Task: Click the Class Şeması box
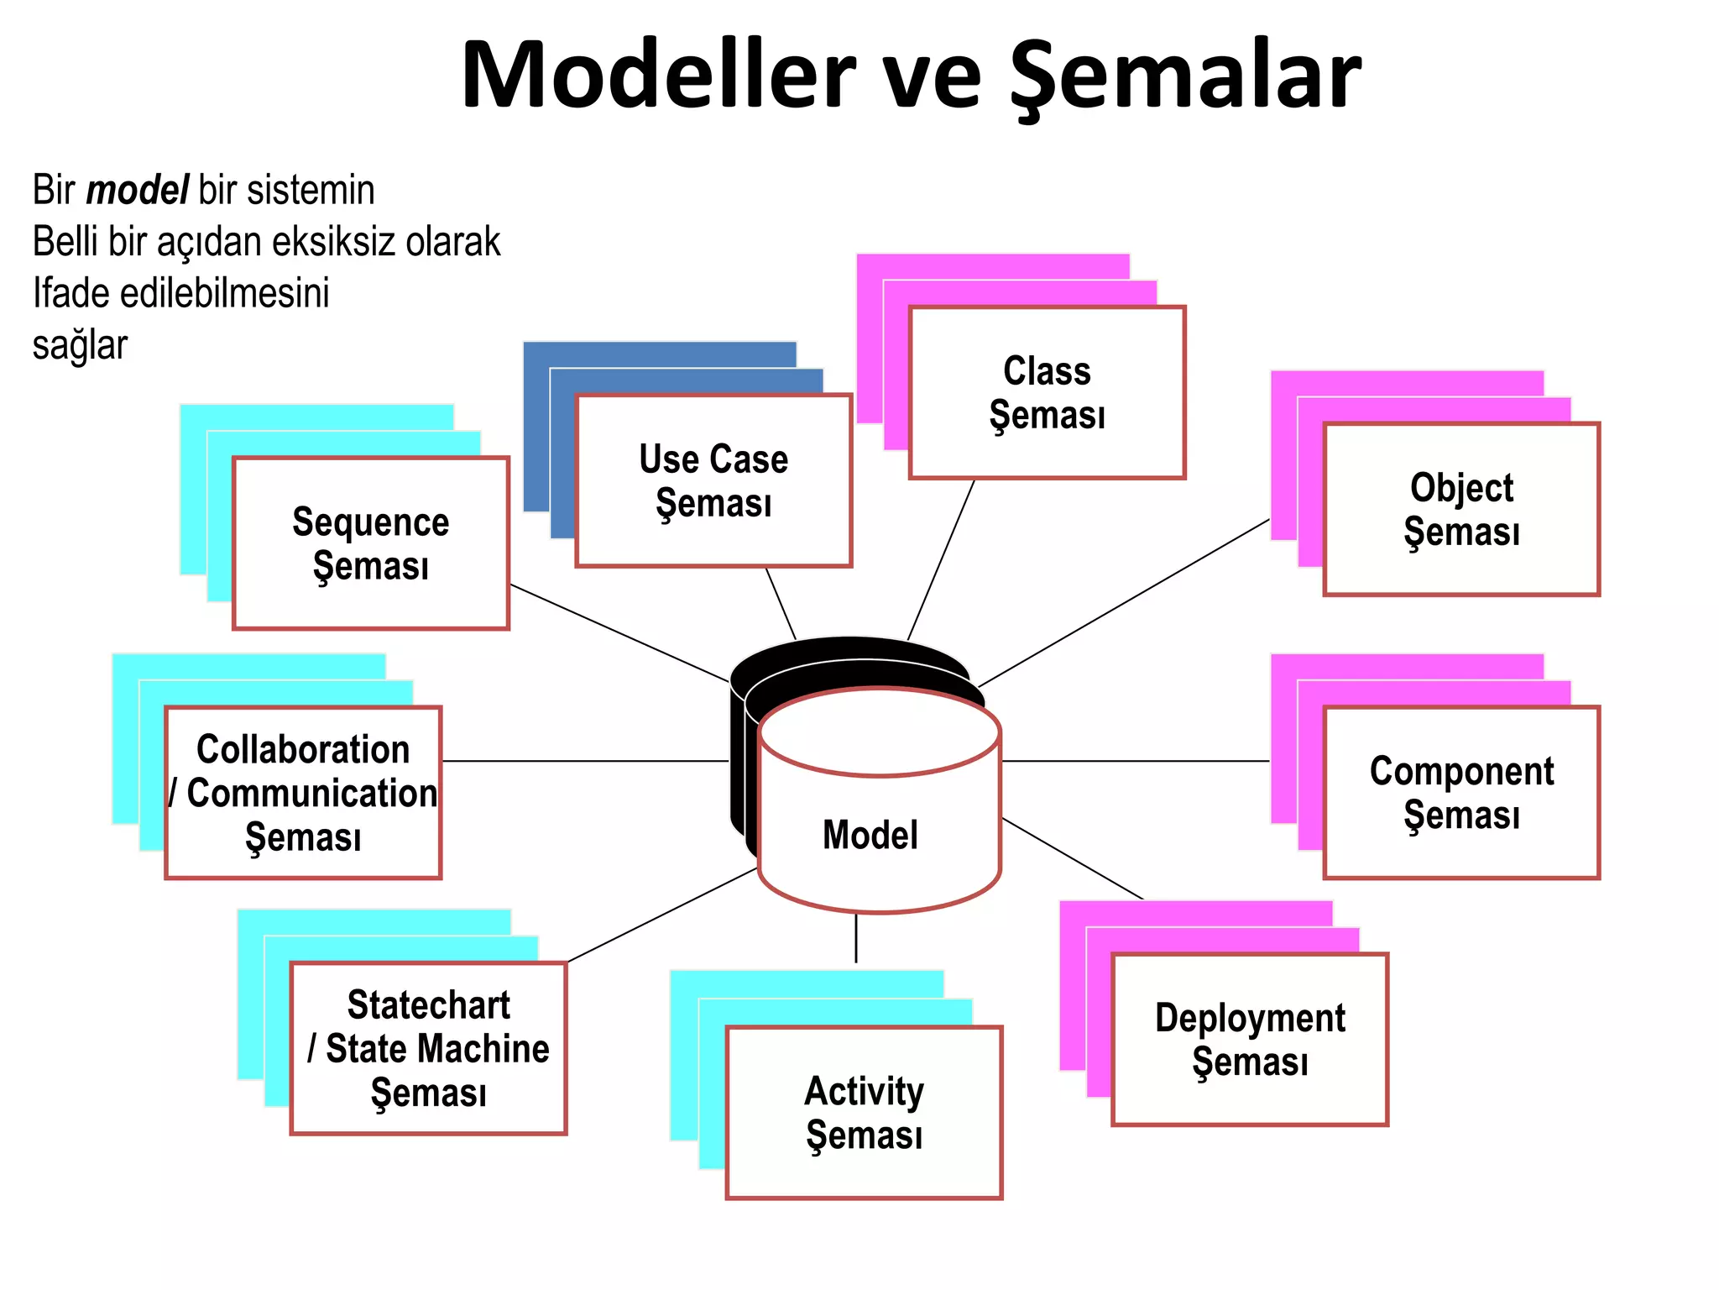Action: pyautogui.click(x=1047, y=392)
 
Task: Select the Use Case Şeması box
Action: pyautogui.click(x=713, y=480)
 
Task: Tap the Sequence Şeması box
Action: pyautogui.click(x=370, y=543)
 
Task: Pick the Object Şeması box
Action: pyautogui.click(x=1461, y=509)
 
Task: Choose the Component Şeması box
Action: pyautogui.click(x=1461, y=792)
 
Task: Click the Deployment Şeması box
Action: pyautogui.click(x=1250, y=1039)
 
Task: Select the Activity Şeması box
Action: pyautogui.click(x=864, y=1112)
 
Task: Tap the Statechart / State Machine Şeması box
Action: pyautogui.click(x=428, y=1048)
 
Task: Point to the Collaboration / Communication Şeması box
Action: pyautogui.click(x=303, y=792)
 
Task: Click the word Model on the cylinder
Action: pyautogui.click(x=870, y=835)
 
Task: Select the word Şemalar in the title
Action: pyautogui.click(x=1184, y=76)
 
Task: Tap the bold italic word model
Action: pyautogui.click(x=137, y=190)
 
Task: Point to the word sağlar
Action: pyautogui.click(x=80, y=345)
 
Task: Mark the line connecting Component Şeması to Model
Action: pyautogui.click(x=1135, y=761)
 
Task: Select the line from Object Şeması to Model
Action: pyautogui.click(x=1125, y=602)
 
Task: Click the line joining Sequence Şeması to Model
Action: pyautogui.click(x=619, y=633)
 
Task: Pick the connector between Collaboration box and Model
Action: pyautogui.click(x=585, y=761)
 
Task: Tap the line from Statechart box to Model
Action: pyautogui.click(x=663, y=915)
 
